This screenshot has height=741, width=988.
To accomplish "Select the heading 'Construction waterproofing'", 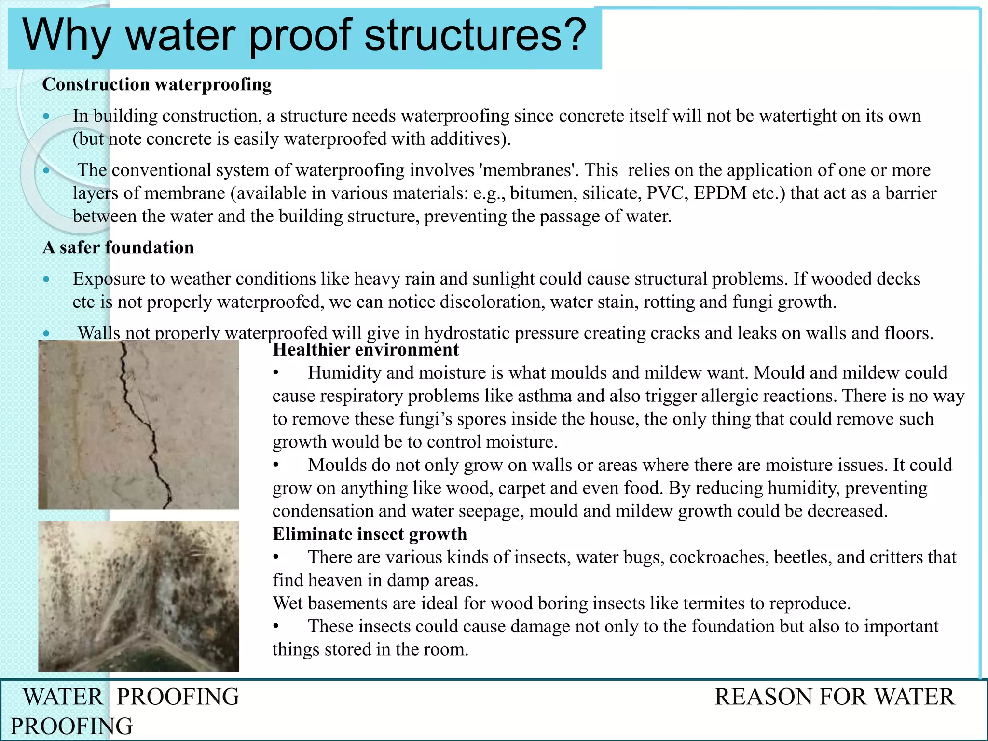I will [157, 84].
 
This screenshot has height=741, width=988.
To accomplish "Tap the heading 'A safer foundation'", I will [118, 247].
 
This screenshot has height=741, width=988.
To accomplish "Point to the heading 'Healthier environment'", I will [366, 350].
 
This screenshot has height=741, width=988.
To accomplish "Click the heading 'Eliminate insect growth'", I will [370, 534].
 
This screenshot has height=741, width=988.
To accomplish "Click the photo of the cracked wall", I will [138, 425].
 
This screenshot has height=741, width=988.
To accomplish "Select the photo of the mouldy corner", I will [138, 596].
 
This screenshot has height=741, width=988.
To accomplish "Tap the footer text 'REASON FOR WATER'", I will [834, 697].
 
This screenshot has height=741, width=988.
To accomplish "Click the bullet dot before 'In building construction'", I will [46, 116].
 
